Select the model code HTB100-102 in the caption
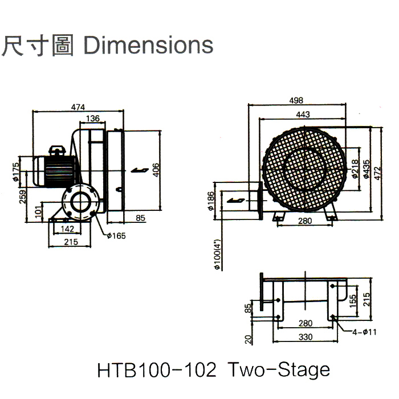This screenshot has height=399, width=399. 157,370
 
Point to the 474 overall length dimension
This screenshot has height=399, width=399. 79,107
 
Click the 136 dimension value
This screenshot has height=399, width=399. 92,119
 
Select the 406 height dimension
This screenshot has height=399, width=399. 156,170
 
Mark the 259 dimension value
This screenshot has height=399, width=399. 23,196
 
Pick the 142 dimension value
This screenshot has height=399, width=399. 68,229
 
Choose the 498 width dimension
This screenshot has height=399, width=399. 295,100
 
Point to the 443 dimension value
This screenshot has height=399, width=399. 303,115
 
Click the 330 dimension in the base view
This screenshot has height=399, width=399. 306,337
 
